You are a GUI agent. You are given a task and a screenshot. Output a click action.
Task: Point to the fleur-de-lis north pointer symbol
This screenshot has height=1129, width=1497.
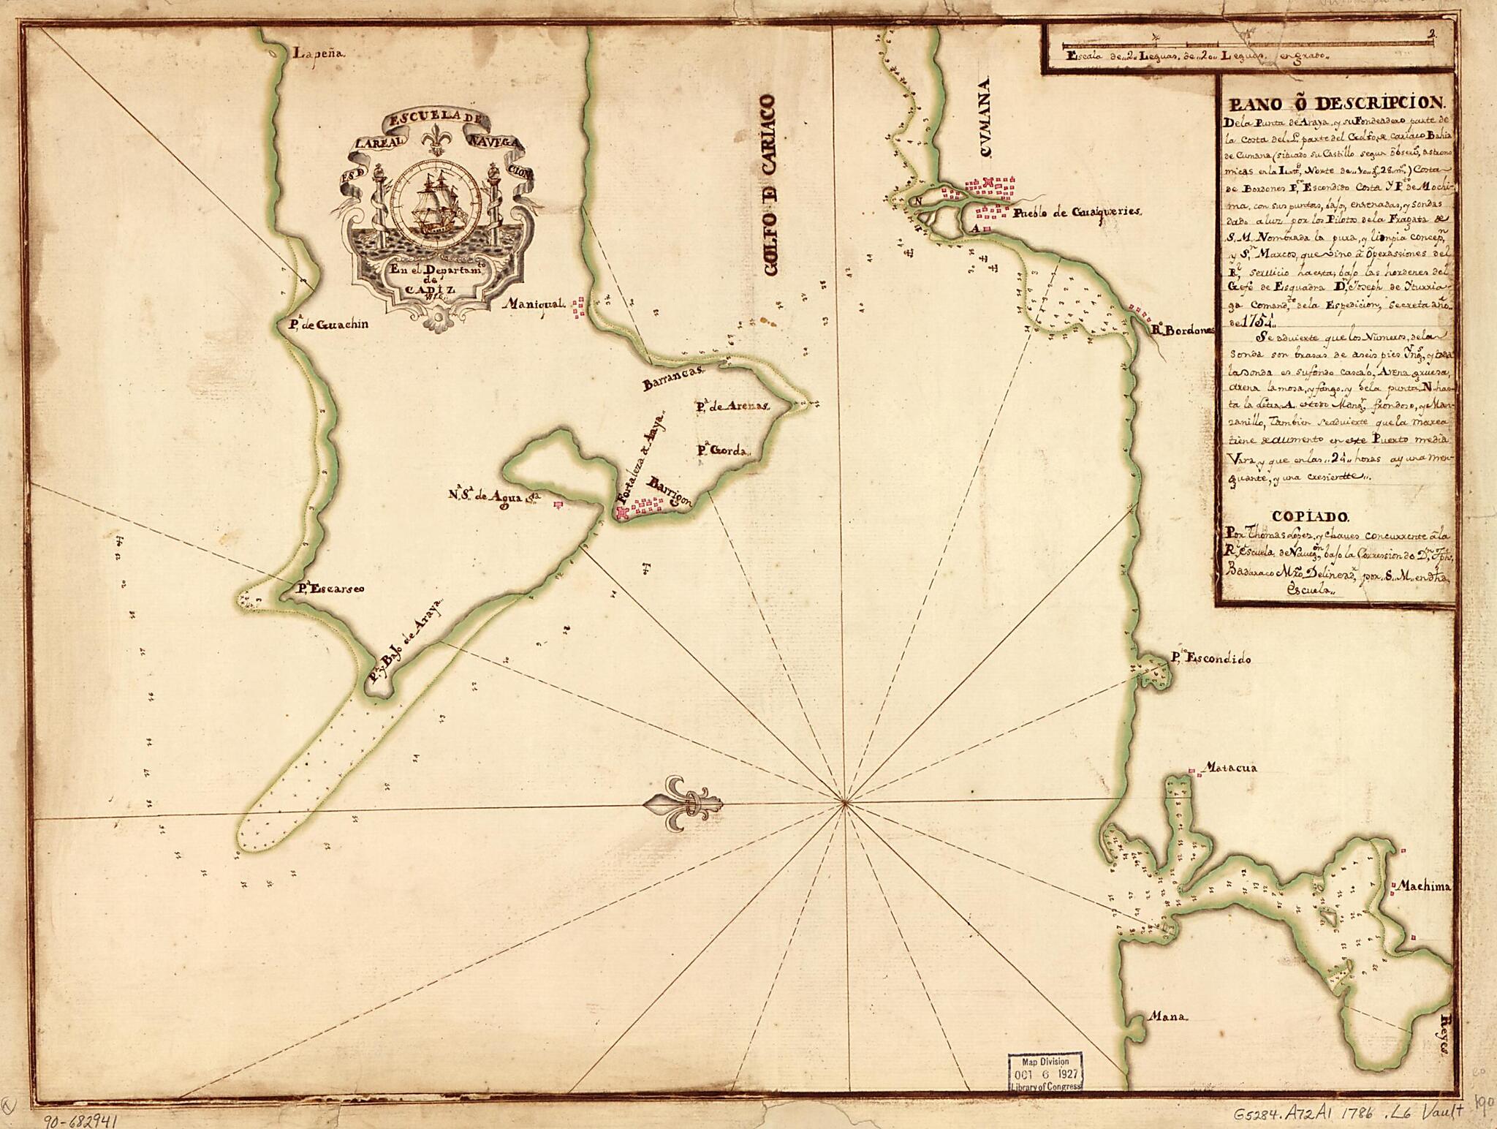click(x=682, y=804)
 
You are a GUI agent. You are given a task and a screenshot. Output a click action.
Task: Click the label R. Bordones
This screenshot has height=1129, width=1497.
click(x=1183, y=330)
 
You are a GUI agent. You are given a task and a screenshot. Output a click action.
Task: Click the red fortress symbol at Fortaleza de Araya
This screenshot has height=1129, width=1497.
click(x=622, y=515)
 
